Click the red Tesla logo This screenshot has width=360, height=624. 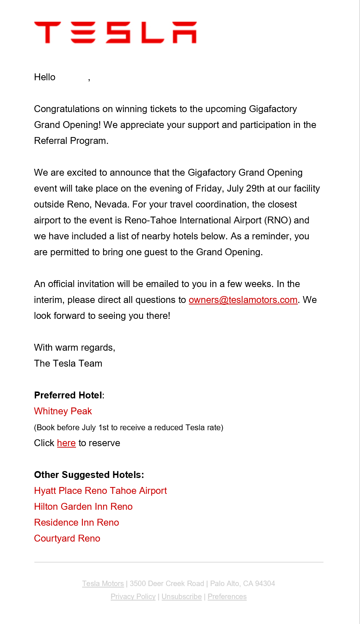point(115,32)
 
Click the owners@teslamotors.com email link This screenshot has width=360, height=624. point(243,300)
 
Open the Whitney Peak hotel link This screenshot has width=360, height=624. point(63,411)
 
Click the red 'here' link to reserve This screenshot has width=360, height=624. point(66,443)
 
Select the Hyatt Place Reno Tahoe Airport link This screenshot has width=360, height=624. point(100,491)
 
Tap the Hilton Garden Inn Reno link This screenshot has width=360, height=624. point(83,507)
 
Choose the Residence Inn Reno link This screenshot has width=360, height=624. point(76,522)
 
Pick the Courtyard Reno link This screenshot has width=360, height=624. point(67,538)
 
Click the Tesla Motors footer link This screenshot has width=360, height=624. point(103,584)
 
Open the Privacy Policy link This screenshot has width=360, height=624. point(133,597)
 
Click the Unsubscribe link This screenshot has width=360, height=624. point(182,597)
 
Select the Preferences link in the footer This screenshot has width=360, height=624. point(227,597)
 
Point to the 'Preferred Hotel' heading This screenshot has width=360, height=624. point(68,395)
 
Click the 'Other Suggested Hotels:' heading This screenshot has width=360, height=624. point(89,475)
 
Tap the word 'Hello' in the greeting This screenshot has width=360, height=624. point(45,77)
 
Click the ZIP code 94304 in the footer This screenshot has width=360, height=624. point(265,584)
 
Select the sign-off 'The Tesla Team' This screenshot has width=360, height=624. point(68,363)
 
